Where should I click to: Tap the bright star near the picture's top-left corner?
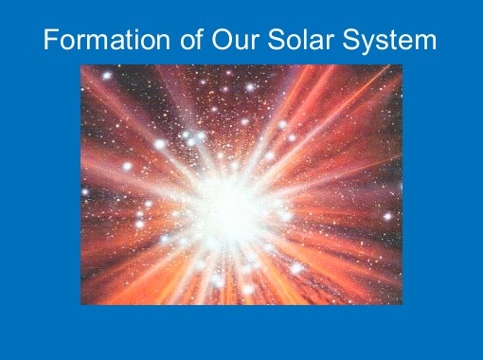tap(107, 75)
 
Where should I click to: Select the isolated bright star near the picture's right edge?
tap(387, 216)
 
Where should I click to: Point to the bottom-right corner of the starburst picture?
tap(402, 304)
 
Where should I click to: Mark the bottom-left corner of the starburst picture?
tap(81, 304)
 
